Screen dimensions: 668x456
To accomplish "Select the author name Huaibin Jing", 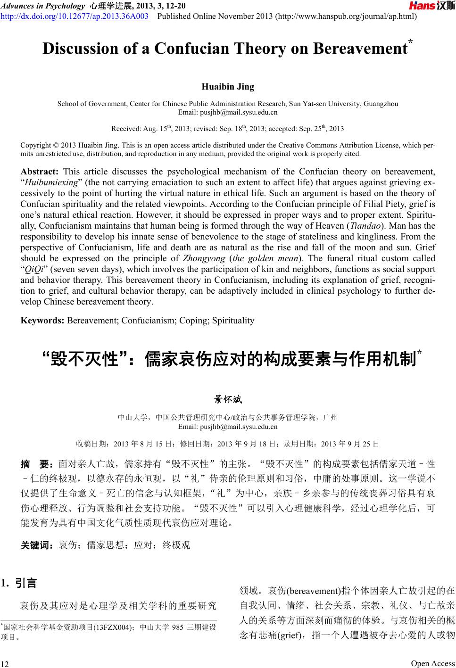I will pyautogui.click(x=228, y=87).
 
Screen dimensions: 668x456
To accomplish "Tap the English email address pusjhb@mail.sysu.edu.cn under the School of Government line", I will pyautogui.click(x=228, y=112).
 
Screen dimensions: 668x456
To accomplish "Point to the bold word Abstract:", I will pyautogui.click(x=40, y=172).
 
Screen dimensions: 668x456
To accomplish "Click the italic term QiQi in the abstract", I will pyautogui.click(x=33, y=269).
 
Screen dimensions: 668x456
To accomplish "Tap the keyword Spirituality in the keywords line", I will pyautogui.click(x=233, y=321).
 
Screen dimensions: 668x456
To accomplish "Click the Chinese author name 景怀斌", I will pyautogui.click(x=228, y=400).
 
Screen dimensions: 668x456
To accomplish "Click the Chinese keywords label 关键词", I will pyautogui.click(x=38, y=545).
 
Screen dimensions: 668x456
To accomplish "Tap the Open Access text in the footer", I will pyautogui.click(x=432, y=663).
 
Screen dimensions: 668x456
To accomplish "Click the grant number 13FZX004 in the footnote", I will pyautogui.click(x=109, y=627).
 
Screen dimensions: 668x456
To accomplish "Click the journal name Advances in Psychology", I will pyautogui.click(x=42, y=6).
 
